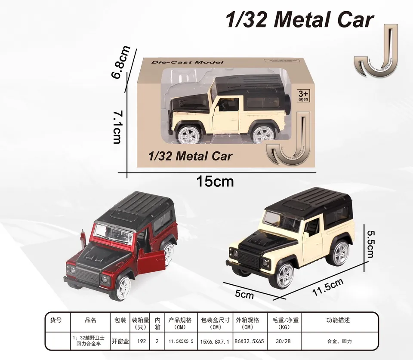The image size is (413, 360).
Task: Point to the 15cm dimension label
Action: [x=215, y=181]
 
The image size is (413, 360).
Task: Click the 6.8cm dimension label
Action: [x=120, y=62]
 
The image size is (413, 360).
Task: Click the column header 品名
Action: [x=90, y=320]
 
